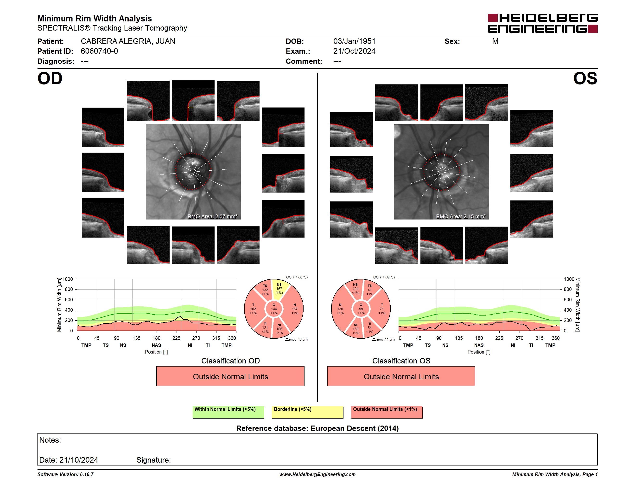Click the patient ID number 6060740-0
(99, 51)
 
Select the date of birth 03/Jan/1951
(354, 41)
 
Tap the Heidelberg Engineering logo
(543, 23)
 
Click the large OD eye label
(50, 78)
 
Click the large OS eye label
(585, 78)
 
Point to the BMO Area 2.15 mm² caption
(461, 216)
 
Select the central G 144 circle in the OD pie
(274, 309)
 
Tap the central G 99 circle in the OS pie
(361, 309)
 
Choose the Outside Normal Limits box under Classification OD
(230, 376)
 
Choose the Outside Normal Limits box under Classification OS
(401, 376)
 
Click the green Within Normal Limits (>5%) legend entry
(228, 412)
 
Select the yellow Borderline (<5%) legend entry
(307, 412)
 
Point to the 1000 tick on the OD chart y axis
(68, 279)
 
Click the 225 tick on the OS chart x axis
(499, 338)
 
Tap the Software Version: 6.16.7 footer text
(65, 474)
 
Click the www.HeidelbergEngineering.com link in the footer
(317, 474)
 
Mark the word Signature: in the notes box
(153, 460)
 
